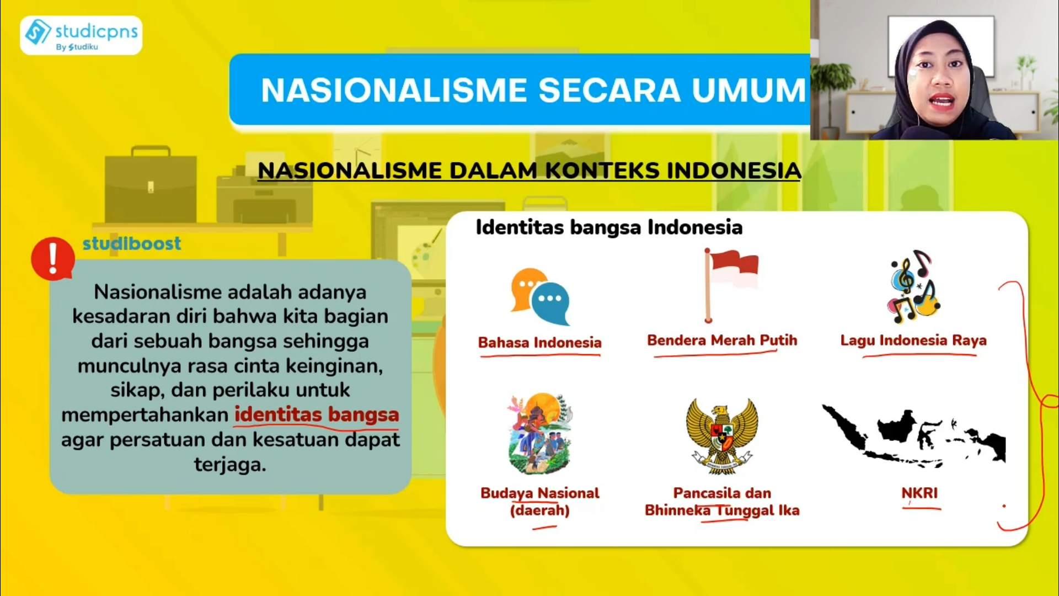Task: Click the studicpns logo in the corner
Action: (x=81, y=35)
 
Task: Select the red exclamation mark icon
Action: (x=52, y=259)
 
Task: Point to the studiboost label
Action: (x=132, y=243)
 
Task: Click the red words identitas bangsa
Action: (x=317, y=414)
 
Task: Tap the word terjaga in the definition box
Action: (x=230, y=464)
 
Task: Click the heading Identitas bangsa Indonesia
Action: (x=609, y=227)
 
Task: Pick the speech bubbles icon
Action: (x=540, y=297)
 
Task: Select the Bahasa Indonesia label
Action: (x=539, y=343)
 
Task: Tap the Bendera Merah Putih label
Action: (x=722, y=340)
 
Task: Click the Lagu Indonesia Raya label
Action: (x=913, y=340)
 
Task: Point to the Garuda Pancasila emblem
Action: (x=722, y=435)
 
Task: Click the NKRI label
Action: (x=919, y=493)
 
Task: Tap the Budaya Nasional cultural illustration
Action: (x=540, y=434)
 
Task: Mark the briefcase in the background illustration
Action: (x=151, y=184)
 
